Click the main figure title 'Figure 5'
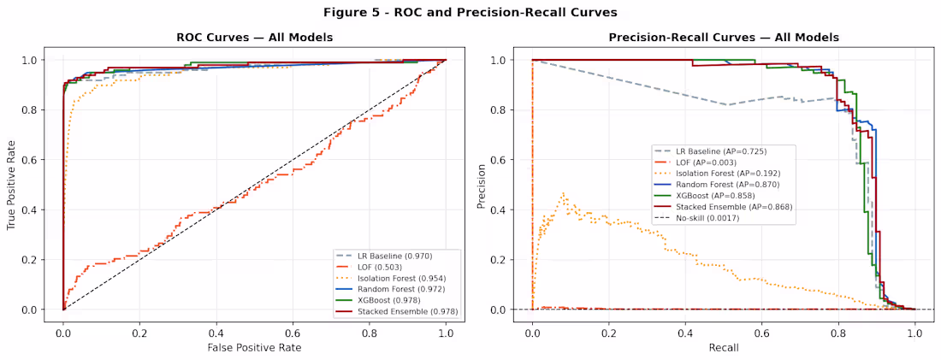pos(470,12)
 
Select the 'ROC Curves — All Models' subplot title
pos(254,38)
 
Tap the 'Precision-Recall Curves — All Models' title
pos(723,38)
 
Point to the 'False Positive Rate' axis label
pos(254,347)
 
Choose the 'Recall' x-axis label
pos(723,347)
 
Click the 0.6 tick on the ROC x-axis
pos(293,331)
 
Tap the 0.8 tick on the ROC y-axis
pos(33,110)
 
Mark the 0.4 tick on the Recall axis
pos(685,331)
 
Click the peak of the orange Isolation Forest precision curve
pos(563,193)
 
